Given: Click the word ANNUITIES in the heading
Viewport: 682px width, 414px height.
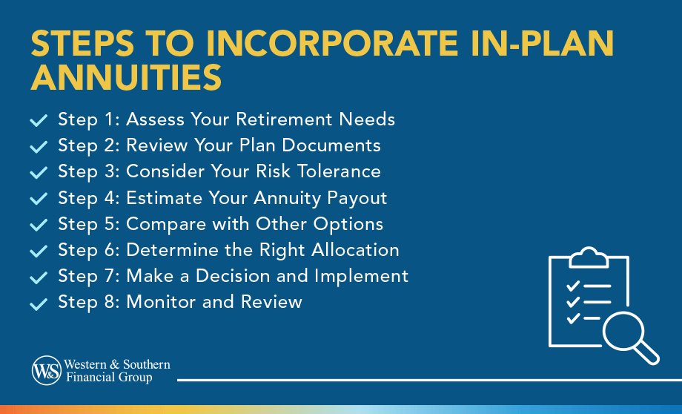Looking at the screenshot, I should tap(126, 77).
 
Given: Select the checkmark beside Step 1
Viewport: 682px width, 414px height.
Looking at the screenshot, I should tap(39, 120).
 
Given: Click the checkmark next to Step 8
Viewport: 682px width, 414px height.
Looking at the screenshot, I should tap(39, 303).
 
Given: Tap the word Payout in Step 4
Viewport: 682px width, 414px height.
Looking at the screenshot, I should tap(358, 197).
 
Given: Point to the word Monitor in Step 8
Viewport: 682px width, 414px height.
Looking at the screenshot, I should tap(159, 302).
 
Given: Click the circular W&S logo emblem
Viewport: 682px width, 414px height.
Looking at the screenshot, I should tap(47, 370).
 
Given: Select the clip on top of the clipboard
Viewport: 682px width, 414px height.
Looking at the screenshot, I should tap(589, 257).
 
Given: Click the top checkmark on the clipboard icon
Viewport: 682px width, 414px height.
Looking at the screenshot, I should tap(572, 286).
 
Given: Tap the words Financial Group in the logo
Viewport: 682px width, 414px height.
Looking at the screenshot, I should tap(108, 378).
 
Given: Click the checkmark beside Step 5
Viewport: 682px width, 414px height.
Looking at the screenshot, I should tap(39, 225).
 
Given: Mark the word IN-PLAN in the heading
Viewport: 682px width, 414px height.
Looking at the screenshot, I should tap(509, 45).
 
